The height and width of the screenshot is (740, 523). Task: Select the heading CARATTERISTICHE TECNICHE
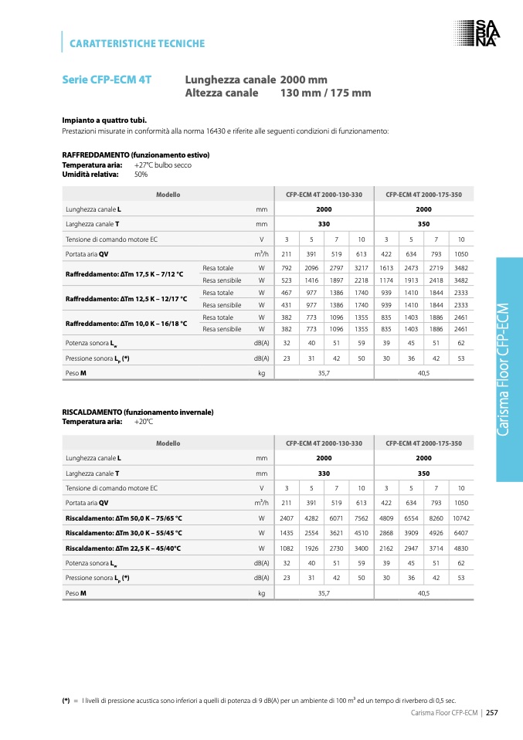coord(138,43)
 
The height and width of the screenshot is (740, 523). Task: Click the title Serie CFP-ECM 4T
coord(107,80)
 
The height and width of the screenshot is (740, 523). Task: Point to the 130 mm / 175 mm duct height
coord(325,93)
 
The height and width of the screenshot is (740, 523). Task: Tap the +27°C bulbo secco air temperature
coord(162,165)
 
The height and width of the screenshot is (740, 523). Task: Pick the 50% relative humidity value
coord(141,174)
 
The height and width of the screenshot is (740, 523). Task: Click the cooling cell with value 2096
coord(311,267)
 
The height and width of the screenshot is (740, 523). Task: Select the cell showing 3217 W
coord(361,267)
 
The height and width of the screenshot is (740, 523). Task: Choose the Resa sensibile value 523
coord(286,280)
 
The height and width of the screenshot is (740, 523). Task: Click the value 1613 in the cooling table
coord(386,267)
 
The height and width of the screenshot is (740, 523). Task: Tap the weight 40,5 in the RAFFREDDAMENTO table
coord(423,373)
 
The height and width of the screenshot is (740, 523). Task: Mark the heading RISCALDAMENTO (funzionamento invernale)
coord(138,412)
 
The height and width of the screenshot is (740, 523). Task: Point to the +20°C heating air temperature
coord(144,422)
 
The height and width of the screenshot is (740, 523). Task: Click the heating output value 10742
coord(461,518)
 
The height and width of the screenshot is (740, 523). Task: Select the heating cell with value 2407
coord(286,518)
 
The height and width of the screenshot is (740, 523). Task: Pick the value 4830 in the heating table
coord(461,548)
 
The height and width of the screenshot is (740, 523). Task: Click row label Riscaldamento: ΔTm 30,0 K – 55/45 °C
coord(124,533)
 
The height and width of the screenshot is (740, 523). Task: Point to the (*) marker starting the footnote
coord(66,700)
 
